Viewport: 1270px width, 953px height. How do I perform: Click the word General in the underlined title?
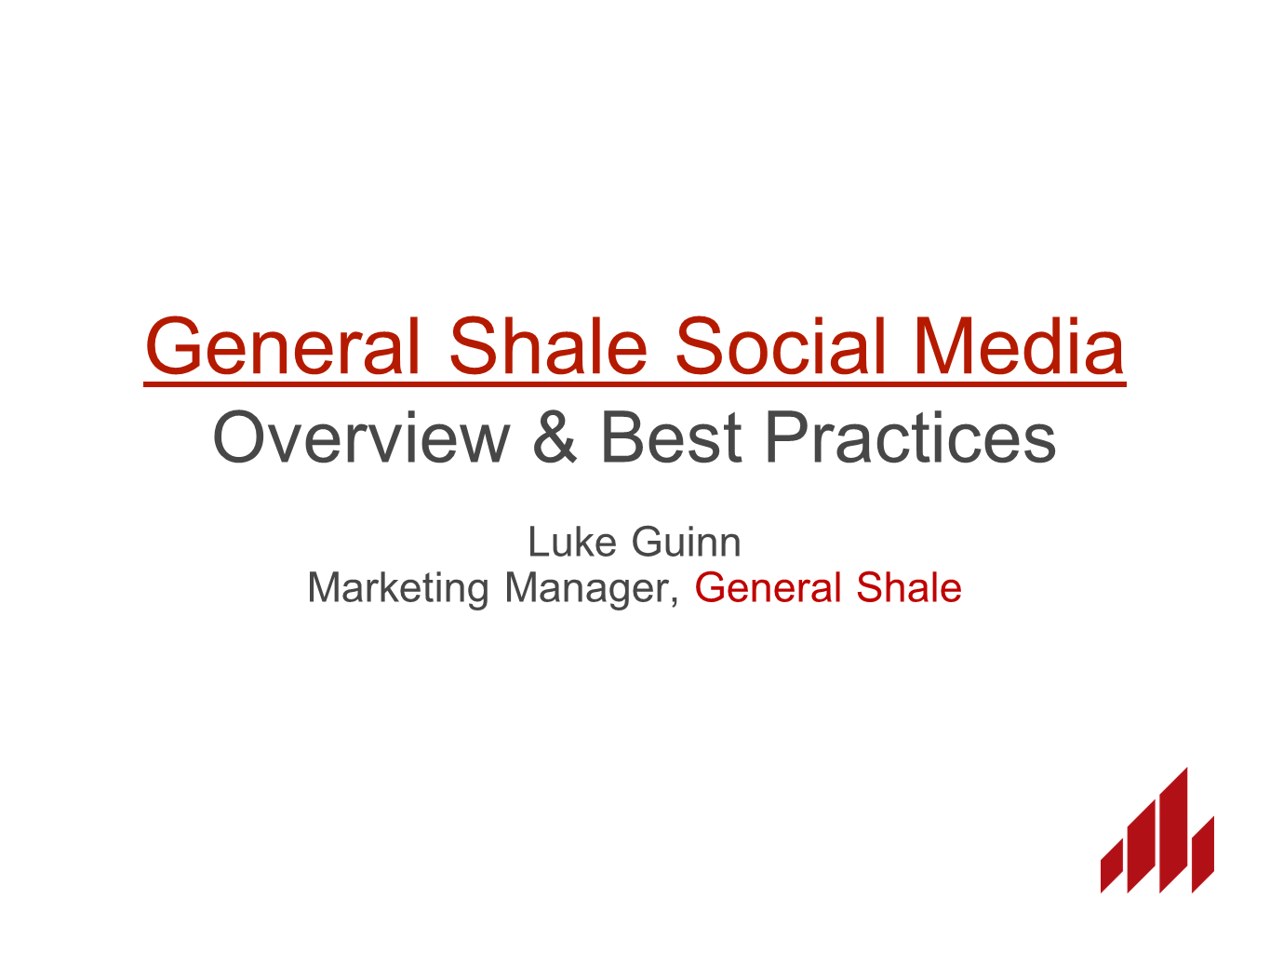pyautogui.click(x=282, y=345)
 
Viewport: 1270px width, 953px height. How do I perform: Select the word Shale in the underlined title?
pyautogui.click(x=548, y=345)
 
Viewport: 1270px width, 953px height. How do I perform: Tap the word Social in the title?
pyautogui.click(x=781, y=345)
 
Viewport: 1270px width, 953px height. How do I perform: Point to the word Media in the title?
pyautogui.click(x=1019, y=345)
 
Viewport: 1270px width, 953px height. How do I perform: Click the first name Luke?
pyautogui.click(x=572, y=543)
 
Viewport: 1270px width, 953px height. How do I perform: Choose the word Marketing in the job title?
pyautogui.click(x=398, y=588)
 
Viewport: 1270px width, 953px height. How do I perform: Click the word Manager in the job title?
pyautogui.click(x=587, y=588)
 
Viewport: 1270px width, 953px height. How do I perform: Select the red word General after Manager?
pyautogui.click(x=768, y=587)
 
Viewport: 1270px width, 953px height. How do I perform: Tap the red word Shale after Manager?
pyautogui.click(x=909, y=587)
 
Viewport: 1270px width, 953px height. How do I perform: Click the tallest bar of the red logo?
pyautogui.click(x=1173, y=830)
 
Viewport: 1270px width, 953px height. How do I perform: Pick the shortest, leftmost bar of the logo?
pyautogui.click(x=1112, y=866)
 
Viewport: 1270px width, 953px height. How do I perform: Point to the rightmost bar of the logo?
pyautogui.click(x=1203, y=854)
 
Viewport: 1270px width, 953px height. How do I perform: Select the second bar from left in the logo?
pyautogui.click(x=1141, y=847)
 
